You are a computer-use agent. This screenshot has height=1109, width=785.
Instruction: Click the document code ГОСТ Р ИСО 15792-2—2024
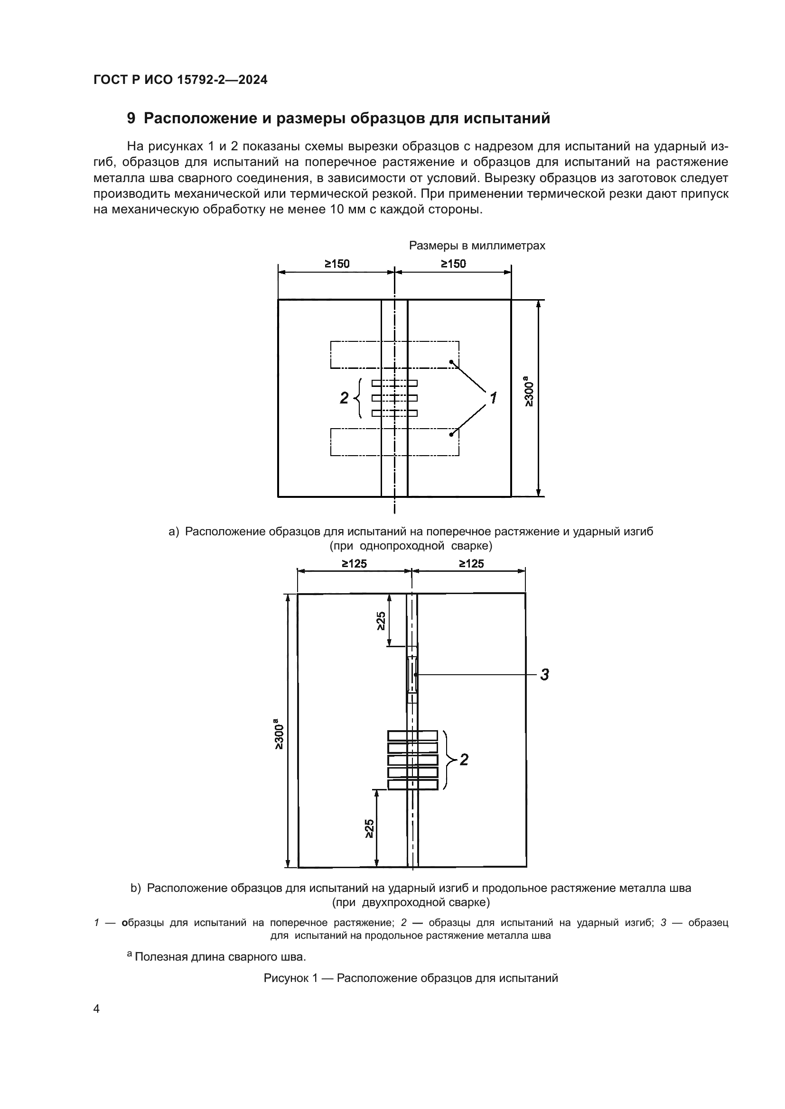(180, 80)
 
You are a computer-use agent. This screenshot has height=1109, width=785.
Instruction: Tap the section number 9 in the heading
(131, 119)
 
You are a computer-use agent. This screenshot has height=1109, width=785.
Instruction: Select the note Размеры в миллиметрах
(477, 246)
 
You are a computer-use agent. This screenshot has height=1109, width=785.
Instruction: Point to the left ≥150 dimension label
(337, 264)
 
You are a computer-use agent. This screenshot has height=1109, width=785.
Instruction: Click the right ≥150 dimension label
(453, 264)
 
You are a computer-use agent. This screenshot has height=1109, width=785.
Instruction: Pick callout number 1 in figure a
(493, 398)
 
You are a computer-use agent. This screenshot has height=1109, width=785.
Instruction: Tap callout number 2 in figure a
(344, 398)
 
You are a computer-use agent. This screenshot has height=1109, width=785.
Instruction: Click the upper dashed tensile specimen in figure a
(395, 355)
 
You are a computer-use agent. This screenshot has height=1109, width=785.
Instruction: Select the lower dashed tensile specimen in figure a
(395, 442)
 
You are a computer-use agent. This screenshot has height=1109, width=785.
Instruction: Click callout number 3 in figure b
(545, 674)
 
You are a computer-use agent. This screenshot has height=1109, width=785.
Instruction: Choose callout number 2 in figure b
(464, 760)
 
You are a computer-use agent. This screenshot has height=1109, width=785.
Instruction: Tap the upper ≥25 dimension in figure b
(381, 621)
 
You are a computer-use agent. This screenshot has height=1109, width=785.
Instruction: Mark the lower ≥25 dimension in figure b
(369, 828)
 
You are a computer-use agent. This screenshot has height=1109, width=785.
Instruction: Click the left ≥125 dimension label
(355, 563)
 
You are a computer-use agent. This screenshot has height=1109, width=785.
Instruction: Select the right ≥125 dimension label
(471, 563)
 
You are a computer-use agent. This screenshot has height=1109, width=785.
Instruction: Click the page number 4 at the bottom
(96, 1008)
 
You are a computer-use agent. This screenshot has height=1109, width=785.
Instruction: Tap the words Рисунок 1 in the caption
(291, 978)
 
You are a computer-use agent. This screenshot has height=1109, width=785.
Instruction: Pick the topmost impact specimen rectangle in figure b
(413, 735)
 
